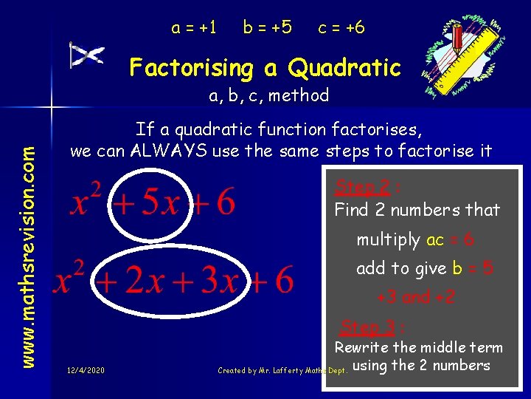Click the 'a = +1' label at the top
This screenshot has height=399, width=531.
click(194, 28)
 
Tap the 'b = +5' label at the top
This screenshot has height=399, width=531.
click(267, 28)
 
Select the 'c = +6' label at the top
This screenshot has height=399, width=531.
click(341, 28)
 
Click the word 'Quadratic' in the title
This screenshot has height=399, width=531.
click(344, 68)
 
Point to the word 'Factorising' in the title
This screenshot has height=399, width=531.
click(191, 68)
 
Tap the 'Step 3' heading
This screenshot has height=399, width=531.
click(367, 327)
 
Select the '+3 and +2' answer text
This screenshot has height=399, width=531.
click(415, 297)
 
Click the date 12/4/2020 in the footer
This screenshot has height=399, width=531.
click(84, 369)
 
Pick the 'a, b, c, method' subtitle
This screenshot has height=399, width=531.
click(268, 95)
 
